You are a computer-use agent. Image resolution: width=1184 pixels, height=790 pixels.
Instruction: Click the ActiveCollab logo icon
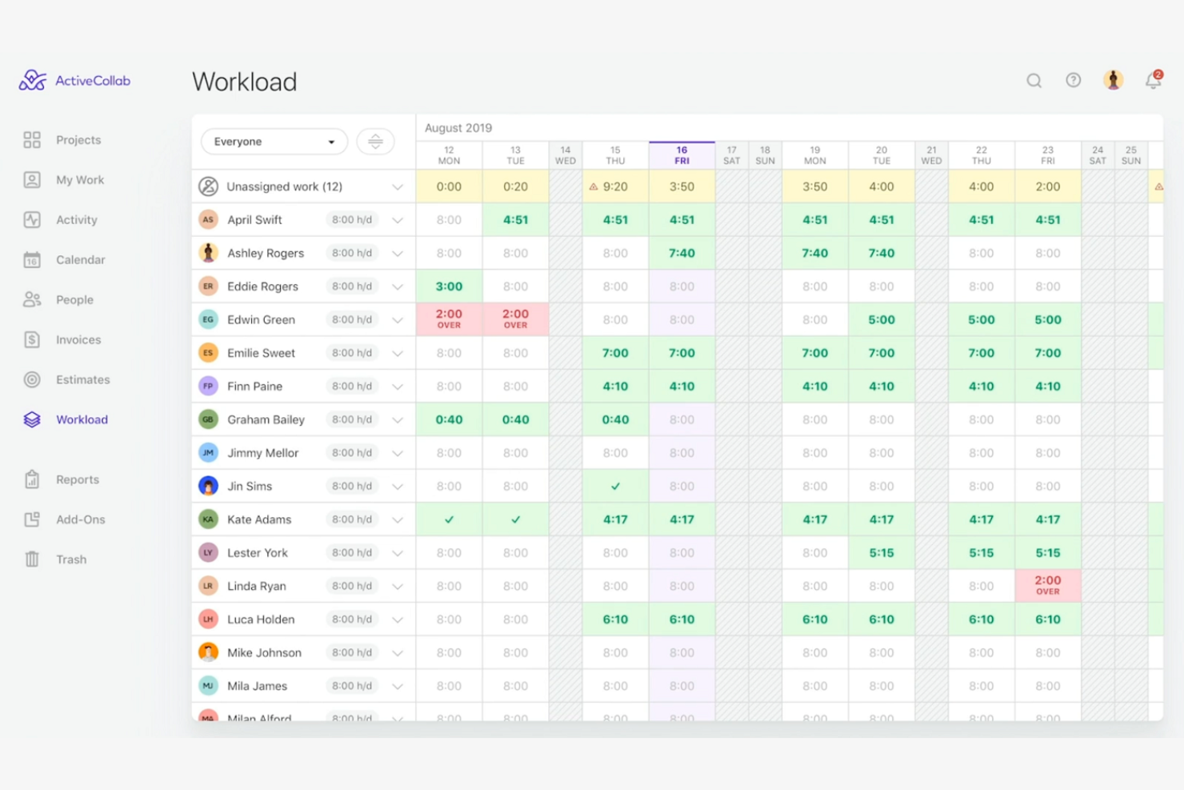click(33, 80)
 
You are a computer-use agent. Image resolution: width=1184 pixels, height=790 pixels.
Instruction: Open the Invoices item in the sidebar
click(78, 339)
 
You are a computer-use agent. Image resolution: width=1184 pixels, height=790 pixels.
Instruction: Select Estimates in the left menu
click(82, 379)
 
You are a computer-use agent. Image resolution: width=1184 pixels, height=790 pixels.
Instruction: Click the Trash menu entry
click(70, 559)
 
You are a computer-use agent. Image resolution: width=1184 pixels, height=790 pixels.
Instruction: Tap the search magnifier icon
click(1034, 81)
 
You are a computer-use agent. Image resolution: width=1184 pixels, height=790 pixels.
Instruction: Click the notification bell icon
click(1153, 81)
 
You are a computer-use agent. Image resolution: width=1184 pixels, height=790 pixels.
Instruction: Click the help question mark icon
click(1073, 80)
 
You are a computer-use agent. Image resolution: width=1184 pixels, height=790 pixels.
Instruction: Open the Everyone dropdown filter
click(274, 142)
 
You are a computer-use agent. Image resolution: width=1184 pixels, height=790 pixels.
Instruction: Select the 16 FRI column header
click(682, 155)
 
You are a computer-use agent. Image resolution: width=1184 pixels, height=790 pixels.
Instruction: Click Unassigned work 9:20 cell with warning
click(615, 186)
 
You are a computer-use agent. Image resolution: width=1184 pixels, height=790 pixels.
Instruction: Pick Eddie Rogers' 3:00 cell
click(449, 287)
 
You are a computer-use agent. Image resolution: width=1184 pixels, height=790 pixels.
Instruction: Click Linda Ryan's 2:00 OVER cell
click(1047, 585)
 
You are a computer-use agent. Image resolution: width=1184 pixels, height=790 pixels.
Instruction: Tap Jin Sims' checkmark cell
click(615, 486)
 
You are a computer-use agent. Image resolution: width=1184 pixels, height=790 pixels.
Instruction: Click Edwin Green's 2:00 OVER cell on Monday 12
click(449, 319)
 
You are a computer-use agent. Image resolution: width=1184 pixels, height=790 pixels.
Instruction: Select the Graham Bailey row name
click(266, 419)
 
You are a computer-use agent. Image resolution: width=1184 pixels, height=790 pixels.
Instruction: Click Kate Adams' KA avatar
click(208, 519)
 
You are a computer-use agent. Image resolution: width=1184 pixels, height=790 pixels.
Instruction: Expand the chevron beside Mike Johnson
click(398, 653)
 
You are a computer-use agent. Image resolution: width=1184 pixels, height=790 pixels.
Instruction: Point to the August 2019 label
click(458, 128)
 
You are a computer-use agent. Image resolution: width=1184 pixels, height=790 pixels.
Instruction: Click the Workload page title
click(244, 82)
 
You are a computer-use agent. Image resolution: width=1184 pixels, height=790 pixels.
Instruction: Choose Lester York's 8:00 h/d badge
click(352, 553)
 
